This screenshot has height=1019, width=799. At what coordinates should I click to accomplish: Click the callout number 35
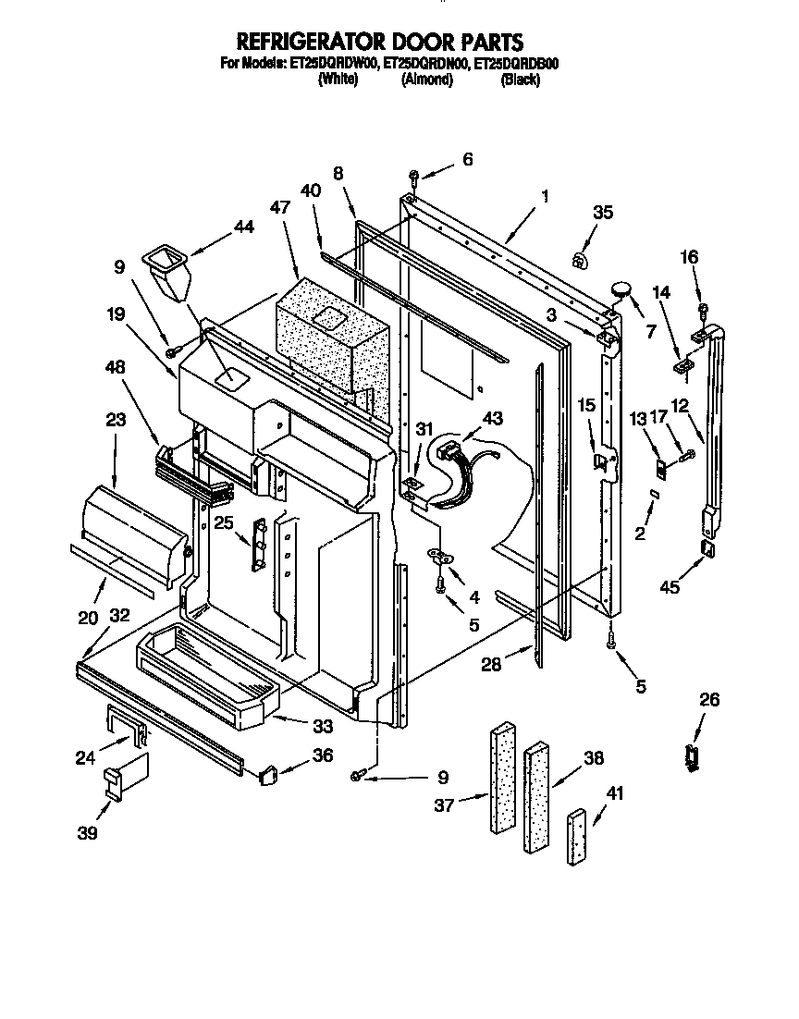click(x=603, y=212)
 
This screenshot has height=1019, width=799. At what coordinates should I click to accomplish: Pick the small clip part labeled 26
click(x=692, y=755)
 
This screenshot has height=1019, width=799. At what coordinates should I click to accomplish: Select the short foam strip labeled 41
click(x=578, y=838)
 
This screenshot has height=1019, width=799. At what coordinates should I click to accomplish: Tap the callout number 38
click(x=593, y=757)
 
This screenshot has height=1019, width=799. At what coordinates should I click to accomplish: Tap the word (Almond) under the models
click(x=426, y=80)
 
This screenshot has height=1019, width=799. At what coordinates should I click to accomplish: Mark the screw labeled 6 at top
click(x=414, y=176)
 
